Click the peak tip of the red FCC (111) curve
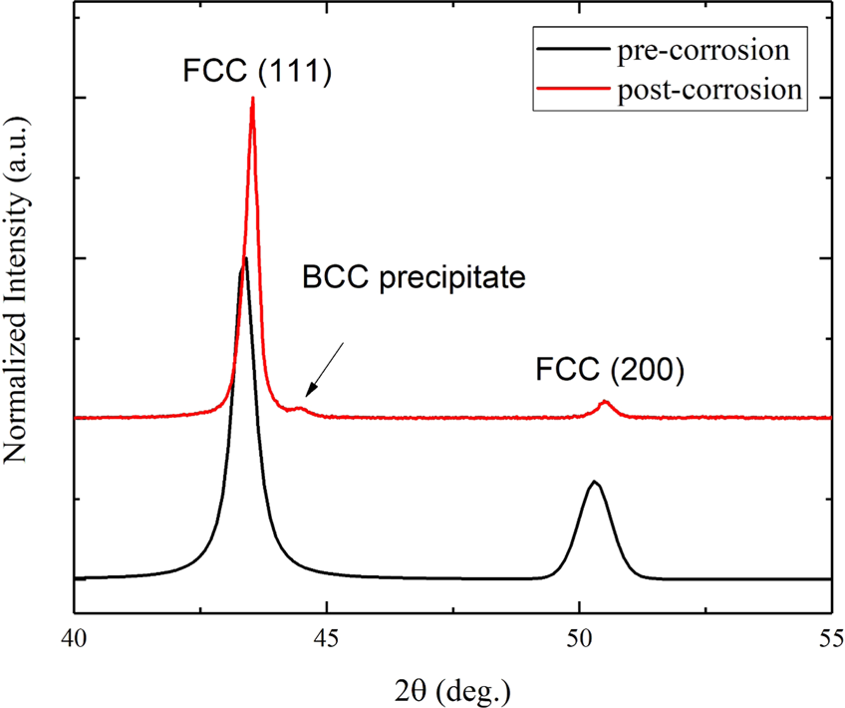click(x=253, y=99)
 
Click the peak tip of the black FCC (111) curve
click(x=245, y=259)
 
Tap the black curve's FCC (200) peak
click(x=594, y=483)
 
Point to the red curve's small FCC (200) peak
click(x=604, y=403)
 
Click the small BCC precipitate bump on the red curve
click(x=301, y=407)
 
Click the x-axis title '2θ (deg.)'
click(x=450, y=687)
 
